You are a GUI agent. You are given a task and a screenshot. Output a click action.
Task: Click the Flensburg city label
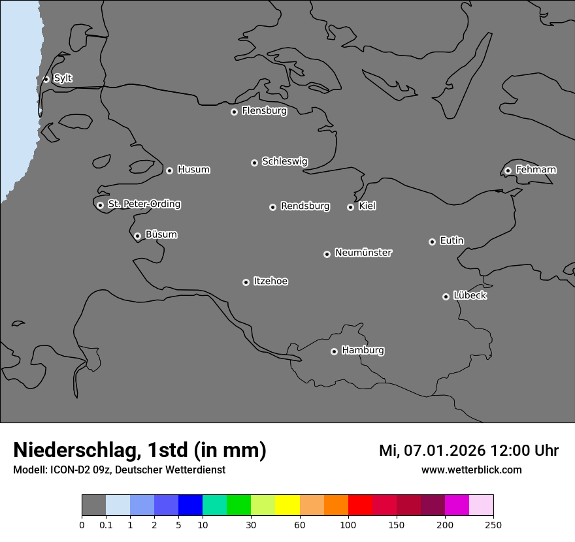pyautogui.click(x=264, y=111)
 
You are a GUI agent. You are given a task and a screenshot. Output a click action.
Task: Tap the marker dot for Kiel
pyautogui.click(x=350, y=207)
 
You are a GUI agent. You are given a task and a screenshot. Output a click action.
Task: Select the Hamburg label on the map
pyautogui.click(x=363, y=351)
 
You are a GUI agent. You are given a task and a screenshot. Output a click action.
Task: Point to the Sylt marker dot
pyautogui.click(x=46, y=79)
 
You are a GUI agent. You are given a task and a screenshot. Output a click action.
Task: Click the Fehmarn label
pyautogui.click(x=536, y=170)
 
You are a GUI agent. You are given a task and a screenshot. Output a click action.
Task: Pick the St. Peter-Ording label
pyautogui.click(x=144, y=204)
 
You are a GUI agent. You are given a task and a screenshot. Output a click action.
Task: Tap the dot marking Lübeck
pyautogui.click(x=446, y=296)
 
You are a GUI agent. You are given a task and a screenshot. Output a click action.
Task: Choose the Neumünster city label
pyautogui.click(x=363, y=253)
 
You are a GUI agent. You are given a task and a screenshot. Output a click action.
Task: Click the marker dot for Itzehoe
pyautogui.click(x=246, y=282)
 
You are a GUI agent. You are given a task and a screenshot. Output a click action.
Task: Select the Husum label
pyautogui.click(x=193, y=170)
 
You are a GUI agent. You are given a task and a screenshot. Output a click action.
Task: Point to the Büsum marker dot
pyautogui.click(x=137, y=236)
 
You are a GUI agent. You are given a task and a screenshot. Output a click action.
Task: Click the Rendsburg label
pyautogui.click(x=305, y=206)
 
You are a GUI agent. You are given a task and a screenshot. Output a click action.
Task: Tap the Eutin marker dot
pyautogui.click(x=432, y=242)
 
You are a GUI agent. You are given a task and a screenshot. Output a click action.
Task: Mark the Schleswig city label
pyautogui.click(x=284, y=161)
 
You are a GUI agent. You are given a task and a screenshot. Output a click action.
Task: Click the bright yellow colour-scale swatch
pyautogui.click(x=287, y=505)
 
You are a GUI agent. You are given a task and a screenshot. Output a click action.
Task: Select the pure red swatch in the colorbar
pyautogui.click(x=360, y=505)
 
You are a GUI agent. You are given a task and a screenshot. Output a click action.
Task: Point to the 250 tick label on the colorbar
pyautogui.click(x=493, y=525)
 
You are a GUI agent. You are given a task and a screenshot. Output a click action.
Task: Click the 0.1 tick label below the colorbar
pyautogui.click(x=106, y=525)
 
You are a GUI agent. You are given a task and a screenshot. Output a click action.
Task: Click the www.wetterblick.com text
pyautogui.click(x=471, y=470)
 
